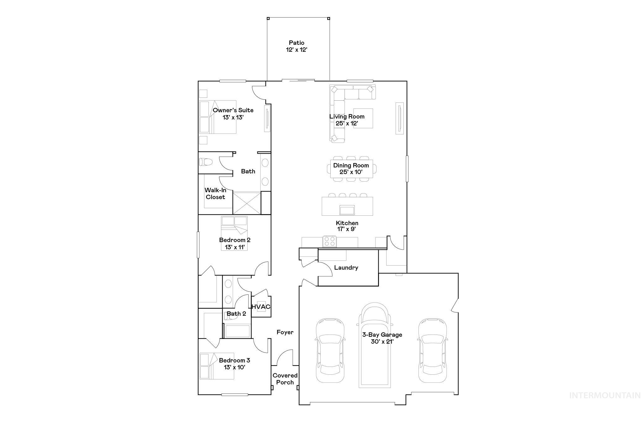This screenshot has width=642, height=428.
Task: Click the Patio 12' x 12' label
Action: (297, 46)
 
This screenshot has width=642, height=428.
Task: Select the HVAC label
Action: (261, 307)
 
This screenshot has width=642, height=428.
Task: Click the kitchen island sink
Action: (347, 210)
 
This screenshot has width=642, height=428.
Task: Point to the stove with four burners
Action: (329, 241)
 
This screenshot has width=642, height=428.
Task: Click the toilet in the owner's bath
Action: (206, 162)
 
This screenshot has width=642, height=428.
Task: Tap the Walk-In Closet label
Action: (215, 193)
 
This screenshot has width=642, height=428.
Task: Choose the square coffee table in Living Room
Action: (364, 118)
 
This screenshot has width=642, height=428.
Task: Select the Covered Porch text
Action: (285, 379)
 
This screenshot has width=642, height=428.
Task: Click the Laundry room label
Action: (346, 267)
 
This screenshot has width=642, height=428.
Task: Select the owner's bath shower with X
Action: (247, 203)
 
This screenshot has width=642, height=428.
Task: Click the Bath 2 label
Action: (236, 314)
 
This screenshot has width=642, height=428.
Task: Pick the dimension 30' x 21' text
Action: (382, 342)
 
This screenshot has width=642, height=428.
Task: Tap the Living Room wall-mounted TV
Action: (400, 118)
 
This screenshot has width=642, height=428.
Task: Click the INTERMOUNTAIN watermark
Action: (605, 395)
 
